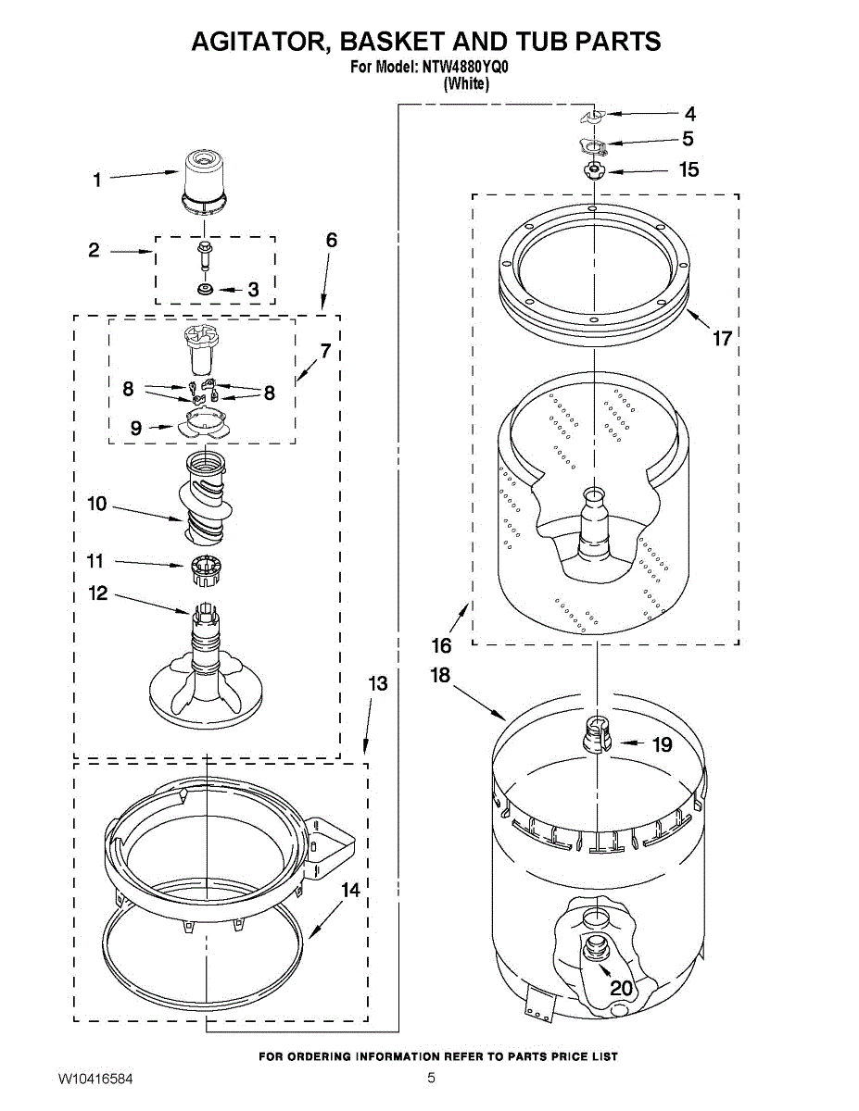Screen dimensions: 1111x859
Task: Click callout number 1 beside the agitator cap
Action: pyautogui.click(x=97, y=181)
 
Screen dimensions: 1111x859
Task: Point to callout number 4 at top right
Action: pyautogui.click(x=689, y=115)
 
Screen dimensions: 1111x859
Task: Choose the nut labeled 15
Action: pyautogui.click(x=592, y=170)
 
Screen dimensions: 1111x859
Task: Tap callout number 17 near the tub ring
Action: pyautogui.click(x=722, y=339)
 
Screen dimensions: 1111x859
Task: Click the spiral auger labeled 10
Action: pyautogui.click(x=205, y=500)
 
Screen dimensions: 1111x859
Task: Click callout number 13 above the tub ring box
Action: pyautogui.click(x=377, y=684)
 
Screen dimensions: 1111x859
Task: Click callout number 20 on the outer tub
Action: pyautogui.click(x=621, y=989)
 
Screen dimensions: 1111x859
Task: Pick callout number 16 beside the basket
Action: pyautogui.click(x=442, y=644)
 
